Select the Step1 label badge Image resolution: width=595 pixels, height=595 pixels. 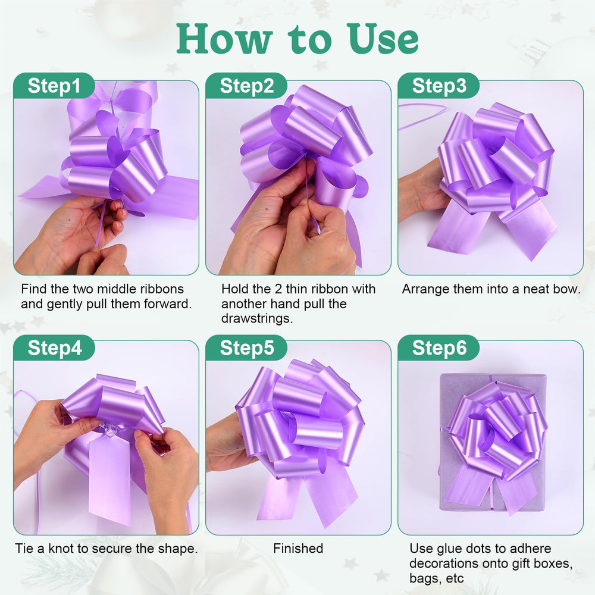(x=54, y=85)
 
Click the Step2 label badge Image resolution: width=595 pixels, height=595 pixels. (x=246, y=85)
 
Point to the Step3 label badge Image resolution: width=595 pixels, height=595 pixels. (x=439, y=85)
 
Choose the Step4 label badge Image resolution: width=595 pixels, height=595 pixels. (x=54, y=347)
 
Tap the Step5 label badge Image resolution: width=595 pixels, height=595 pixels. (x=246, y=347)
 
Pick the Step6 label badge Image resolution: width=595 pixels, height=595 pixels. (x=439, y=347)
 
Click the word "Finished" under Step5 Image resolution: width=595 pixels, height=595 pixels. (x=298, y=549)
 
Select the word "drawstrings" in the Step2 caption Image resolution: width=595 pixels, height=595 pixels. (x=256, y=318)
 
